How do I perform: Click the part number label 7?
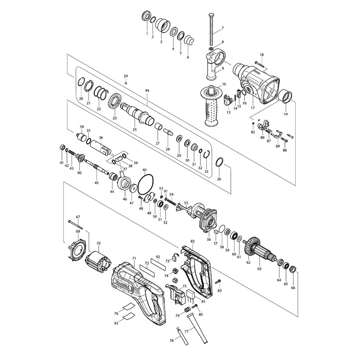coord(222,28)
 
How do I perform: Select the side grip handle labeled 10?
coord(211,105)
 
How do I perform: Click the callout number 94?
coord(147,91)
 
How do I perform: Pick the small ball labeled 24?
coord(126,83)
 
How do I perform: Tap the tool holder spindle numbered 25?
coord(137,113)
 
